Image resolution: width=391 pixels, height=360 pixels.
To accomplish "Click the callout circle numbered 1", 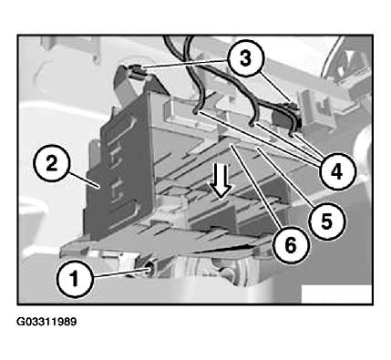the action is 74,279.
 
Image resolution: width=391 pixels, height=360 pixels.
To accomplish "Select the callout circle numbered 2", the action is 51,164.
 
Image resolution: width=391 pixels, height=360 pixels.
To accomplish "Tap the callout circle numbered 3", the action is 245,58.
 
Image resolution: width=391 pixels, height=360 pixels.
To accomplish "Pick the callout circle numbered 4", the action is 336,171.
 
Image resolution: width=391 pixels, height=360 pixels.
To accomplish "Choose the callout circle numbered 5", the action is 326,222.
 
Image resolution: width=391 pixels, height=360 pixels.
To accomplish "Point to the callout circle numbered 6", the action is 291,245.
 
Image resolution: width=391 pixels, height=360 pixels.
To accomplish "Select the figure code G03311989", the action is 46,322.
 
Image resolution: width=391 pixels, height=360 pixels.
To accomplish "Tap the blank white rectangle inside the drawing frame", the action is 336,293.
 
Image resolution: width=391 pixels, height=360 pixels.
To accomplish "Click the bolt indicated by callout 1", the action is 149,269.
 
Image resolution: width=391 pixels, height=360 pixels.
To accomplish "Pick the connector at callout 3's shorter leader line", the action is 293,107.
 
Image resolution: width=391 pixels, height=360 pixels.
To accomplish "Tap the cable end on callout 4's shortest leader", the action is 293,133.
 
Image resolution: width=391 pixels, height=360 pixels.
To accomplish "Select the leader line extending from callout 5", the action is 284,176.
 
